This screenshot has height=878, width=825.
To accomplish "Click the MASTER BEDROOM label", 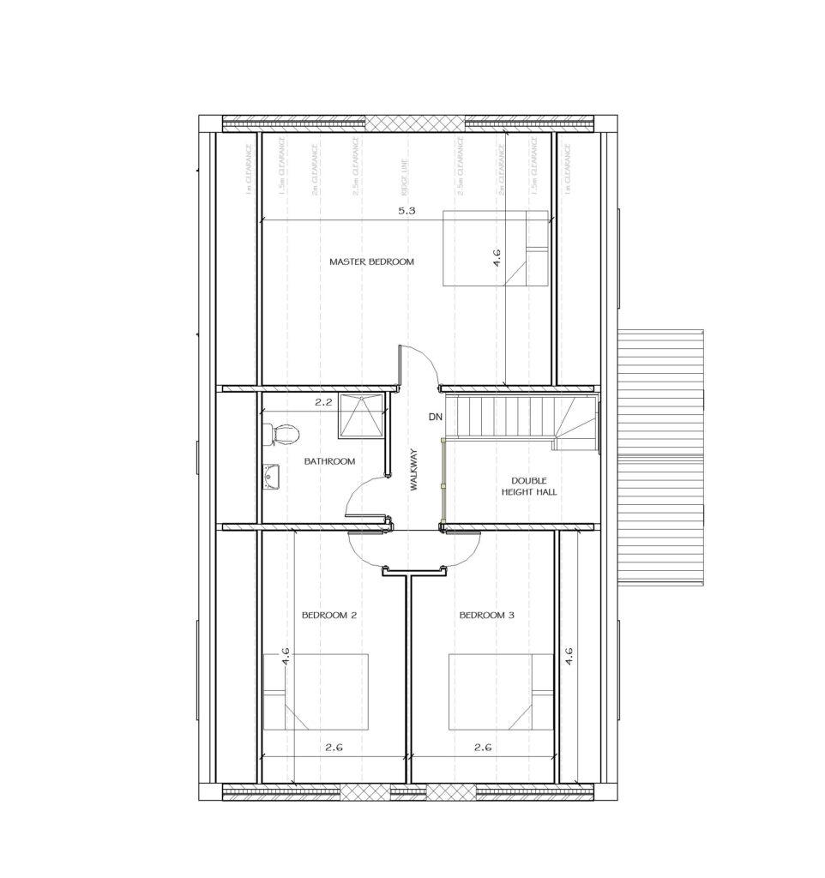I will [x=371, y=262].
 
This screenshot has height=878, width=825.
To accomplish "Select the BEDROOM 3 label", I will [x=486, y=615].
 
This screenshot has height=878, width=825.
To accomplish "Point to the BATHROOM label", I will [x=329, y=461].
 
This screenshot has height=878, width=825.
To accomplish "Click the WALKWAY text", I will [x=413, y=470].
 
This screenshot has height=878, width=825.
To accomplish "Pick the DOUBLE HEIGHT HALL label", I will [x=522, y=486].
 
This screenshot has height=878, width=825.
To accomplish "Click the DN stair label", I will [x=435, y=417].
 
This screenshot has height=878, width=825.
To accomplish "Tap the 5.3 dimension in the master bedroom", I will [x=406, y=212].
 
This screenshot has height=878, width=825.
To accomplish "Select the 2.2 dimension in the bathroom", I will [x=322, y=400].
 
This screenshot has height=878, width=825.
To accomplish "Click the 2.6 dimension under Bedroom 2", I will [x=334, y=748].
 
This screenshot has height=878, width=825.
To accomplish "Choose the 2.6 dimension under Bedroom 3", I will [x=483, y=748].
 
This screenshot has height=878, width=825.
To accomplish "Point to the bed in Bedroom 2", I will [x=316, y=691].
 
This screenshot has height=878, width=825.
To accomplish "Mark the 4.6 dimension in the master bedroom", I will [x=497, y=258].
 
